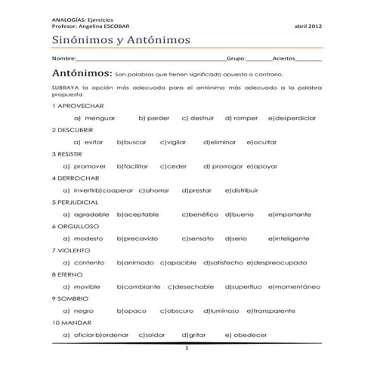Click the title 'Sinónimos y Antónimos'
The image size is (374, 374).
pos(121,39)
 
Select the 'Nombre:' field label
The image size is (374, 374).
pos(64,58)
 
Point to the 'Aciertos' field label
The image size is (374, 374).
pos(285,58)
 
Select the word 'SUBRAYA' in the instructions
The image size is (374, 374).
pos(65,90)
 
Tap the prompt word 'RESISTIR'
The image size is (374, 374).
pos(72,153)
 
